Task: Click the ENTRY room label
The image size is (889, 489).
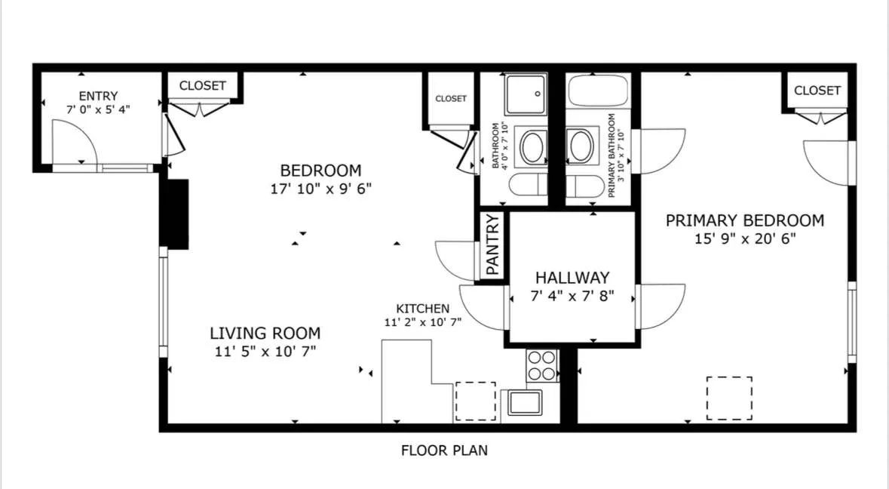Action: point(98,96)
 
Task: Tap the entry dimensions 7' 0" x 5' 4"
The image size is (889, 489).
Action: point(98,109)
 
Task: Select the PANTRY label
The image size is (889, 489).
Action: point(493,244)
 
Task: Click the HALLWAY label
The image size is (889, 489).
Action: point(572,278)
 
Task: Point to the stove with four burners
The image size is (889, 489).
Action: point(541,365)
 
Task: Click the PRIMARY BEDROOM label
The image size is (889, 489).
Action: point(744,221)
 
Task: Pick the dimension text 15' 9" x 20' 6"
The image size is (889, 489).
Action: point(744,239)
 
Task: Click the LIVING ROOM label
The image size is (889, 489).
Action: point(265,333)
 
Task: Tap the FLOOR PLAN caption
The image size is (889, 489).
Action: point(444,451)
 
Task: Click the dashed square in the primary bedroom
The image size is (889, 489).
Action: point(729,398)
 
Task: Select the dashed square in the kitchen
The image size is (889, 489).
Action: point(476,401)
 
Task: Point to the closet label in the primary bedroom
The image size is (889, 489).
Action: point(817,91)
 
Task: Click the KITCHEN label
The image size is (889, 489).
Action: point(422,309)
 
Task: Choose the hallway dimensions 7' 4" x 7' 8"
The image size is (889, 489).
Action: point(572,296)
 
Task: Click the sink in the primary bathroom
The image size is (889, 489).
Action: point(581,146)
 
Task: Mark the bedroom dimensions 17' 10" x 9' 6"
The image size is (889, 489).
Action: point(320,188)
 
